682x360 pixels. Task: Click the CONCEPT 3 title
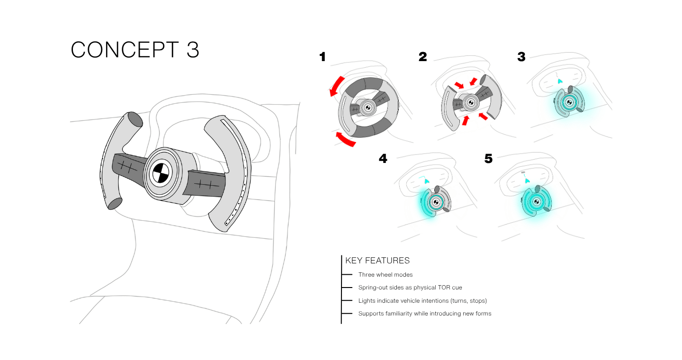[135, 50]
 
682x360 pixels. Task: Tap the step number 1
[323, 57]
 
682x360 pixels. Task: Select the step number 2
[422, 57]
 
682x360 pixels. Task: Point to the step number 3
[521, 57]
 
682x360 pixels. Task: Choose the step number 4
[383, 159]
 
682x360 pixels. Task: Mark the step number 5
[488, 159]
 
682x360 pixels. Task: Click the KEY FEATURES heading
[377, 261]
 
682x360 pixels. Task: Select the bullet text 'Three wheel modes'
[386, 275]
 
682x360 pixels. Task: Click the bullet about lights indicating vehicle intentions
[422, 301]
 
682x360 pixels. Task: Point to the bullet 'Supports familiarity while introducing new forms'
[425, 314]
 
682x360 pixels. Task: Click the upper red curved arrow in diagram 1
[337, 86]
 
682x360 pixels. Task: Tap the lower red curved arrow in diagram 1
[345, 139]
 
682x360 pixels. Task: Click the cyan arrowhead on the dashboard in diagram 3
[560, 81]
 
